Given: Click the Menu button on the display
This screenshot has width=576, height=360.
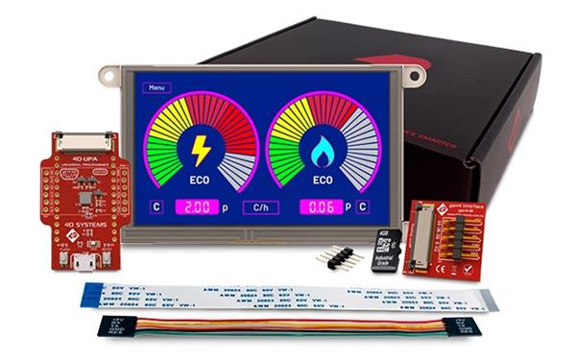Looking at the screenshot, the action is point(155,86).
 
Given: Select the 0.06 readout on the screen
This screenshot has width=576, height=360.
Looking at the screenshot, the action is point(322,206).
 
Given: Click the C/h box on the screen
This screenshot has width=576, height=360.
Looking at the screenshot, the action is point(259,206).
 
